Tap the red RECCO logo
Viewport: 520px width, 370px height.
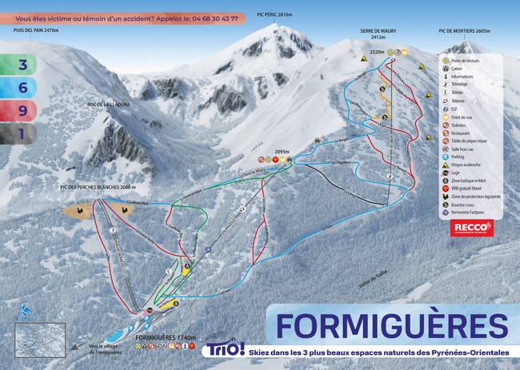click(473, 229)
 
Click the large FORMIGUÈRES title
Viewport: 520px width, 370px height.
click(392, 326)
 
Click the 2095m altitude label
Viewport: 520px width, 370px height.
click(281, 150)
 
